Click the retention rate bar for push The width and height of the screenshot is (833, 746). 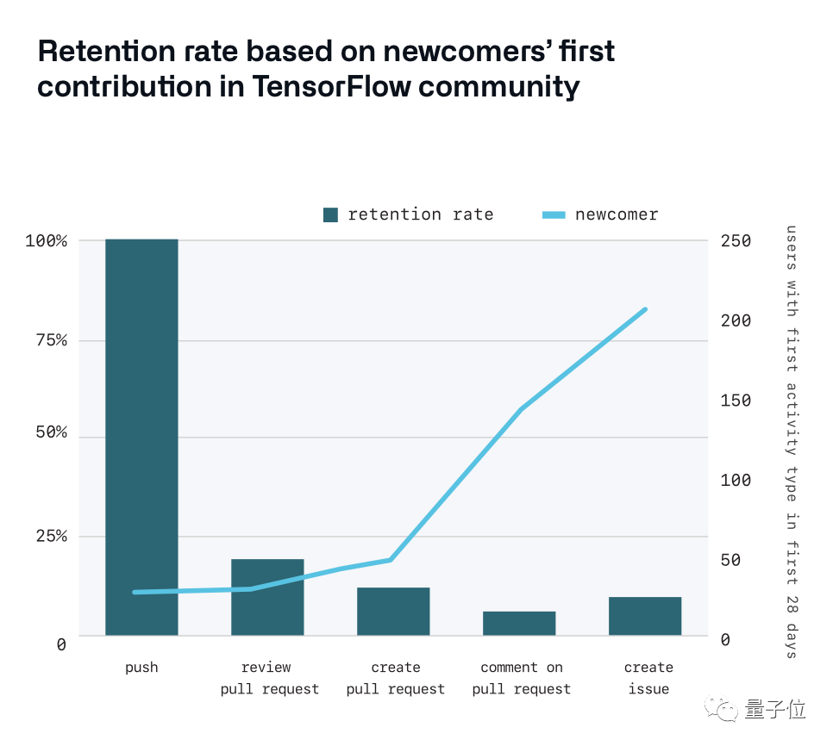click(x=141, y=437)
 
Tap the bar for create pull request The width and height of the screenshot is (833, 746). click(x=393, y=612)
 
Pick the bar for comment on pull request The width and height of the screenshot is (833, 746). click(x=519, y=624)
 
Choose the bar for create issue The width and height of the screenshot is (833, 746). click(x=645, y=616)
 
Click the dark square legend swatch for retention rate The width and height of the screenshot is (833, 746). click(x=331, y=215)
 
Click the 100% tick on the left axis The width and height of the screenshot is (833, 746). click(x=47, y=240)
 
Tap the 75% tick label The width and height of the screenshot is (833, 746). click(x=51, y=340)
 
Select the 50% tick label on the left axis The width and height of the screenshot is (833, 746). click(x=51, y=432)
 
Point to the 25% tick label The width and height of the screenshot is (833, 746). click(x=51, y=536)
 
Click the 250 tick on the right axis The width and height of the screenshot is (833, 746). click(x=736, y=240)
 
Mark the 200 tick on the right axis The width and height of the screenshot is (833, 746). click(x=736, y=320)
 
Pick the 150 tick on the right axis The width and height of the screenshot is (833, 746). click(x=736, y=401)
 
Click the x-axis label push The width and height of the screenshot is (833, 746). click(x=141, y=668)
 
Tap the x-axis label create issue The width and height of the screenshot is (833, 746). click(x=648, y=678)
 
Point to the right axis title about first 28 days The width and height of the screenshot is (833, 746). click(x=791, y=441)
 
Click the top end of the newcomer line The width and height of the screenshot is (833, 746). click(x=645, y=308)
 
